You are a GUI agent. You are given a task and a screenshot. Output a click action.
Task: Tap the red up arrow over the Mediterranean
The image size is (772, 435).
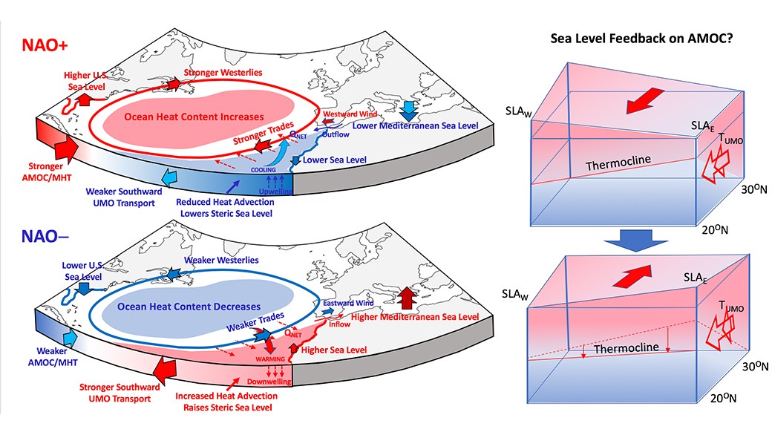coord(407,298)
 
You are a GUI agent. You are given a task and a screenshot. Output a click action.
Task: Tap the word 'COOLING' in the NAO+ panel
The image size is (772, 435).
coord(258,169)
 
